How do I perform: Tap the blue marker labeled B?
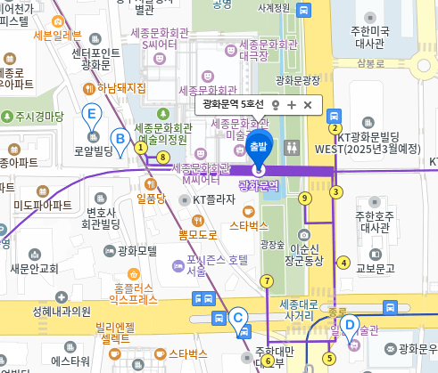coord(119,139)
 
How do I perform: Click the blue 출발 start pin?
coord(259,147)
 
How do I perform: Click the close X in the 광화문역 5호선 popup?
coord(308,105)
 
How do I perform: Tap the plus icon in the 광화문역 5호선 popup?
coord(292,105)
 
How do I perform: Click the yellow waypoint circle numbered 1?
coord(140,148)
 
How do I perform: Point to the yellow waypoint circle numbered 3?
coord(336,191)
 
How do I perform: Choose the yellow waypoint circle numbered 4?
coord(343,262)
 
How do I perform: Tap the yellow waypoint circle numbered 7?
coord(266,281)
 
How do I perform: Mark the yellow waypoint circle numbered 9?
coord(305,198)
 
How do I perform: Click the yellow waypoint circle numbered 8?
coord(162,158)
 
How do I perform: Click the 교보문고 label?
coord(375,267)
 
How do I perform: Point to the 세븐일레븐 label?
coord(56,36)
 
